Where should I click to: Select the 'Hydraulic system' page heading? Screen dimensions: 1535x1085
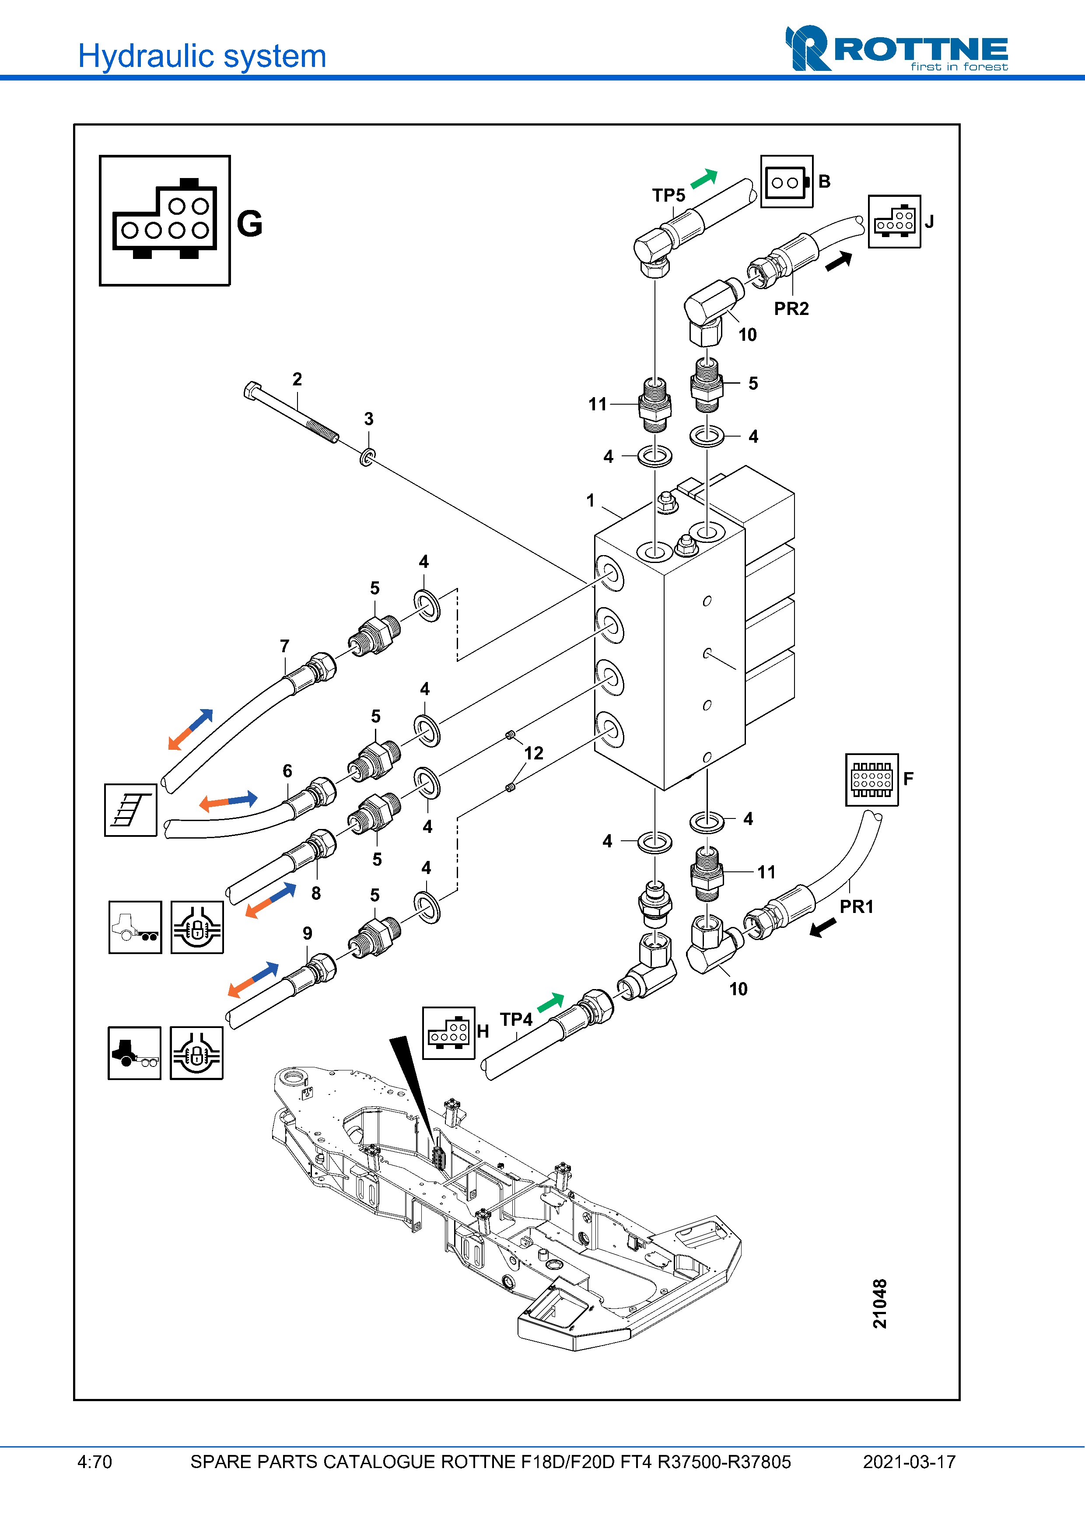click(202, 56)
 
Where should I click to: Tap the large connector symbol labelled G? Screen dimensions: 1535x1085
click(164, 220)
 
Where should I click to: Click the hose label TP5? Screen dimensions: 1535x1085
click(668, 195)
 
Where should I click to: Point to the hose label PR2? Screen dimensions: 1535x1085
click(791, 309)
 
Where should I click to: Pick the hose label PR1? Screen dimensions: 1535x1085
click(856, 906)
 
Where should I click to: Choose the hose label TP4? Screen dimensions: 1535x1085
click(516, 1020)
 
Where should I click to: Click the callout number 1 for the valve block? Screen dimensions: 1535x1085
click(590, 500)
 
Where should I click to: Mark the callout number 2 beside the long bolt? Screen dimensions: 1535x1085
click(297, 379)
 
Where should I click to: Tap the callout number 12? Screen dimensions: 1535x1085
click(533, 753)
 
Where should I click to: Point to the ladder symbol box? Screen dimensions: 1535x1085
click(130, 810)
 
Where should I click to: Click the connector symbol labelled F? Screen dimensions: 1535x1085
click(872, 780)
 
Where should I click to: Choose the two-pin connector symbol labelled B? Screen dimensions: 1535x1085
click(787, 182)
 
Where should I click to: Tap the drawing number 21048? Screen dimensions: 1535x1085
click(880, 1303)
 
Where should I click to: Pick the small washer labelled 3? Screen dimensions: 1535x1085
click(367, 458)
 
